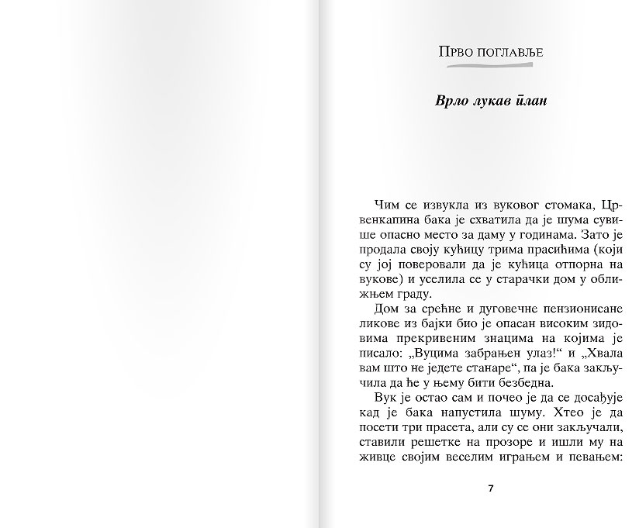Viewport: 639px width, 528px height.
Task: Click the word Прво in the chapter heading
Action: pos(455,53)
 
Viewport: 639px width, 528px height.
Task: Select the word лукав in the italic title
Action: pos(489,102)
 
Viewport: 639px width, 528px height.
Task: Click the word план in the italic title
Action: pos(533,102)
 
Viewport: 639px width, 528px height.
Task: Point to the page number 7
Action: pos(490,489)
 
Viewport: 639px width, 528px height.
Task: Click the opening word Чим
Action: pos(387,204)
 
